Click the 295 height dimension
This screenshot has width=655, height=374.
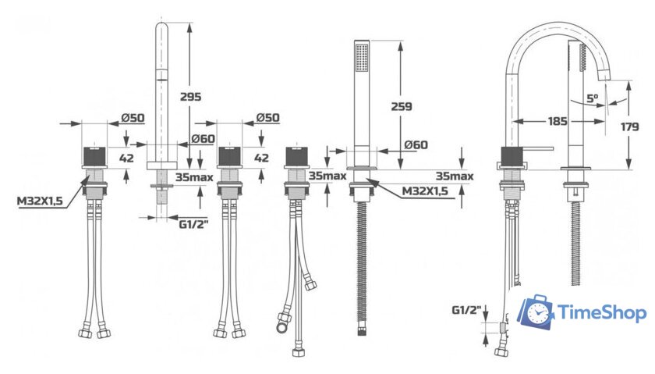pos(190,97)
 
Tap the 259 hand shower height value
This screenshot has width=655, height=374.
pos(402,106)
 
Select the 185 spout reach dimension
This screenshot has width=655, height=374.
pos(558,121)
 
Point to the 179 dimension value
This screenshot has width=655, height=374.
pos(629,126)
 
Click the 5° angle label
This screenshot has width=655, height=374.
pos(593,98)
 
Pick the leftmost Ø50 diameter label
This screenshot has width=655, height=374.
pos(133,118)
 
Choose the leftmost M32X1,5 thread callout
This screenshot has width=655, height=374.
pos(40,201)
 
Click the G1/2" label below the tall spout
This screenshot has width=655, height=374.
pos(193,224)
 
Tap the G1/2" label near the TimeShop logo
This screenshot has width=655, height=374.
pos(466,310)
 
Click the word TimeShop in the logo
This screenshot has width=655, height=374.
pos(602,312)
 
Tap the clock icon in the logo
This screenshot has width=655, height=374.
pos(537,312)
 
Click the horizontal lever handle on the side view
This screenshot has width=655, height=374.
pos(539,148)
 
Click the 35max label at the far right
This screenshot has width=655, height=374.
pos(455,176)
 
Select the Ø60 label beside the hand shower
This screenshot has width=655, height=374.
pos(416,144)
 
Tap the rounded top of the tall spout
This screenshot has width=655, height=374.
pos(161,26)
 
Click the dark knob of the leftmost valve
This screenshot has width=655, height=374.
pos(95,156)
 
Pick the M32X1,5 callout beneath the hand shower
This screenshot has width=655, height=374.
pos(424,191)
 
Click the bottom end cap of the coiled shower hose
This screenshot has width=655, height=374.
pos(362,333)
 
